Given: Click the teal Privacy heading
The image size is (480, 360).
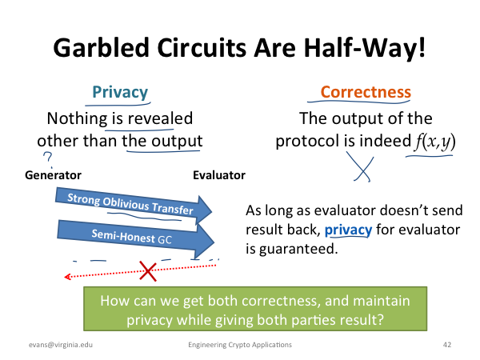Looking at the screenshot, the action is [x=120, y=92].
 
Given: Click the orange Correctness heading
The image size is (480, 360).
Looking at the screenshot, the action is [x=366, y=92].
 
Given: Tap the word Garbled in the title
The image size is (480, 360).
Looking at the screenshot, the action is [x=101, y=48].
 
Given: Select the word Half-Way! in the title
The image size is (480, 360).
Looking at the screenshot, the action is [x=365, y=48].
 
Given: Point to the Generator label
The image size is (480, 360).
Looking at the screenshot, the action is [x=53, y=175].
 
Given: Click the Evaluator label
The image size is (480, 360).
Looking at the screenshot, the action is [x=219, y=175].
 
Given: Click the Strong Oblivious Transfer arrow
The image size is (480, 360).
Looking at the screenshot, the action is [x=133, y=205].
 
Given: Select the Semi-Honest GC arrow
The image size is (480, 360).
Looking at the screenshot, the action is [x=134, y=238].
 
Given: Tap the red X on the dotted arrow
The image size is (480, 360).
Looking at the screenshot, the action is [x=148, y=271].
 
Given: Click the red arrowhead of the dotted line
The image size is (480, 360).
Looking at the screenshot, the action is [x=67, y=277].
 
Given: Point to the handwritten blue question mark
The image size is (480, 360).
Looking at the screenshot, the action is [x=48, y=159].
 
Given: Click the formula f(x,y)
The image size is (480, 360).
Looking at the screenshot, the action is [x=434, y=142].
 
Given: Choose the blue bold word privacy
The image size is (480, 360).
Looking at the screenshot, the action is [x=348, y=230].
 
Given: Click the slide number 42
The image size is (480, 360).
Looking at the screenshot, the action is [x=447, y=345].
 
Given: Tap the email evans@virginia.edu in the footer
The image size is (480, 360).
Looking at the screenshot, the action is [x=61, y=345].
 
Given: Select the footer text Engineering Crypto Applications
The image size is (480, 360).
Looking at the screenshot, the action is [x=240, y=345].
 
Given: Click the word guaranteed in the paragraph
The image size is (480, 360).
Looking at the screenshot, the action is [x=298, y=249].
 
